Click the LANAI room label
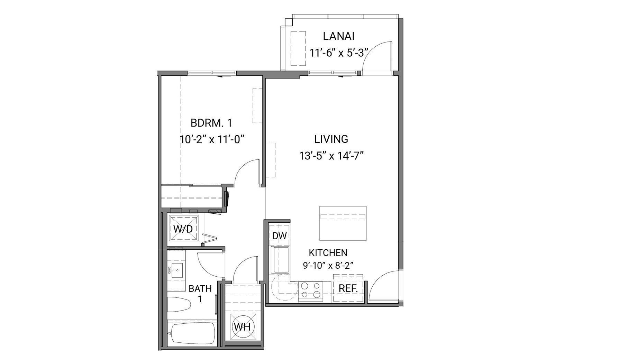338,36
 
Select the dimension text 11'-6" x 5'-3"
338,53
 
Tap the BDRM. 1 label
211,123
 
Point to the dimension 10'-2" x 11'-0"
212,139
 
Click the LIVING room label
331,139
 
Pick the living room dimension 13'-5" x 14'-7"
331,156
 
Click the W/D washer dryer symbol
183,228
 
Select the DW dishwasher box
279,236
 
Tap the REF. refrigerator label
348,289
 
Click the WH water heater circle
242,327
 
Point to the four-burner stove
310,290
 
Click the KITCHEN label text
328,253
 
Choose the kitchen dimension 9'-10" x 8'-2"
328,266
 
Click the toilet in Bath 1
179,305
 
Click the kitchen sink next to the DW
280,260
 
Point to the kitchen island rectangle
343,223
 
